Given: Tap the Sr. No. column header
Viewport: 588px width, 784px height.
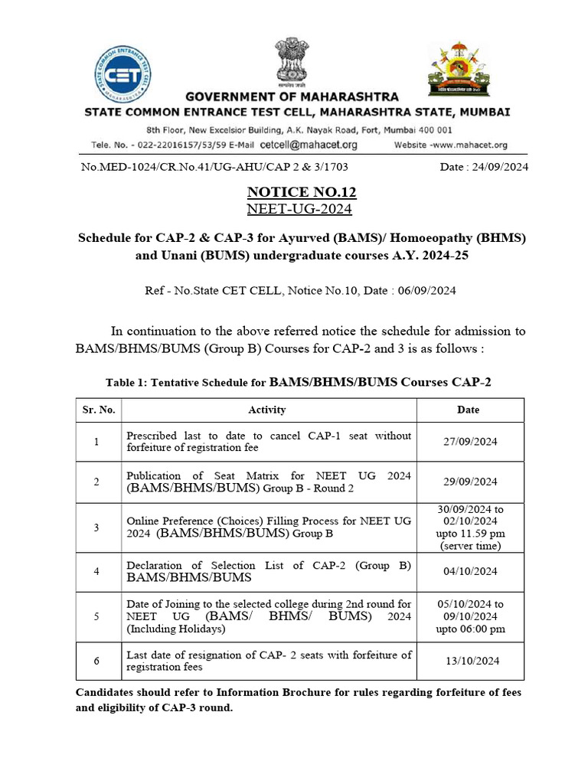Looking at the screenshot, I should pos(99,410).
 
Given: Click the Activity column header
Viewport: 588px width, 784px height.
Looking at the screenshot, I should pos(267,410).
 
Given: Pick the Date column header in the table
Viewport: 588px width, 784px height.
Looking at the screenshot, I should pos(468,410).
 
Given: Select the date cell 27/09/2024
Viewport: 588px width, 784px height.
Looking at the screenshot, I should pos(469,442).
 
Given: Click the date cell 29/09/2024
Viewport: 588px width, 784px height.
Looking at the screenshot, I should pos(469,482).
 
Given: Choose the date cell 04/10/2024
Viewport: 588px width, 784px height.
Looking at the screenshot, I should pos(469,571).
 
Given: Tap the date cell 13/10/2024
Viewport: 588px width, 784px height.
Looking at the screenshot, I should pos(469,661).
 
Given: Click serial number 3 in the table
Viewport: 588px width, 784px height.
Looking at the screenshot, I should pos(96,528).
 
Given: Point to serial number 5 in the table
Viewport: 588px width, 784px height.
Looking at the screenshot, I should pos(96,616).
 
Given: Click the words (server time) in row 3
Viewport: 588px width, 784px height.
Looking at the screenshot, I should pos(469,546).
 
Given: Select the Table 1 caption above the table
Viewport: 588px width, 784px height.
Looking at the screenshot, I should pos(298,381).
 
